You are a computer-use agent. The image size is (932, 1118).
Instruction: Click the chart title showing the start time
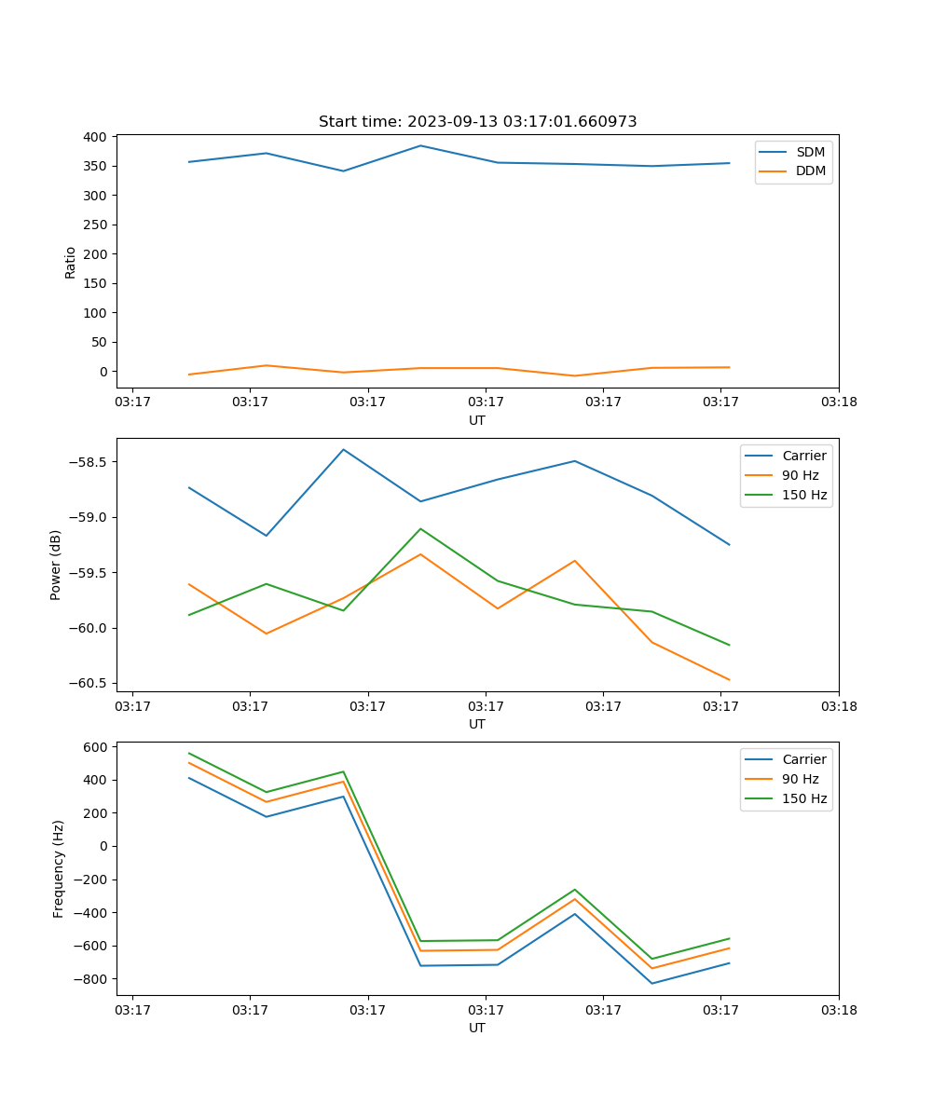coord(477,122)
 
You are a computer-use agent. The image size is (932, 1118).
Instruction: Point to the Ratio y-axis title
coord(71,262)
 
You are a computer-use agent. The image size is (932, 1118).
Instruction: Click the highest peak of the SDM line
coord(420,145)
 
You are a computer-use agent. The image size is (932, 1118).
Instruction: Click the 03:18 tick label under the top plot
coord(838,402)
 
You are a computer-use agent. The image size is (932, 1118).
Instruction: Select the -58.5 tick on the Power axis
coord(88,462)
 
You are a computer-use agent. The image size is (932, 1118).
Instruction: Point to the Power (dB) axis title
coord(56,565)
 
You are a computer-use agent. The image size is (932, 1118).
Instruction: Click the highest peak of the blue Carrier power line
coord(344,449)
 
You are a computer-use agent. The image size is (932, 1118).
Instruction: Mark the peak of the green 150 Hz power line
coord(420,528)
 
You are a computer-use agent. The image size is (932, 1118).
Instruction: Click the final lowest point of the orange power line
coord(729,680)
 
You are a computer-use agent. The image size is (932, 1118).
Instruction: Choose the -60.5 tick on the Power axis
coord(88,683)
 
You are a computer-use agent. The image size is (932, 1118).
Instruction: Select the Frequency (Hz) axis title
coord(58,868)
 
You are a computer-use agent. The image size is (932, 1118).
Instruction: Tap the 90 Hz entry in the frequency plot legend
coord(801,779)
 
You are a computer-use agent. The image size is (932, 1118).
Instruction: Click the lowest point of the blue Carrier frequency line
coord(651,983)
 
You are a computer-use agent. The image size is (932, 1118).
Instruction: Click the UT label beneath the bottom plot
coord(476,1028)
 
